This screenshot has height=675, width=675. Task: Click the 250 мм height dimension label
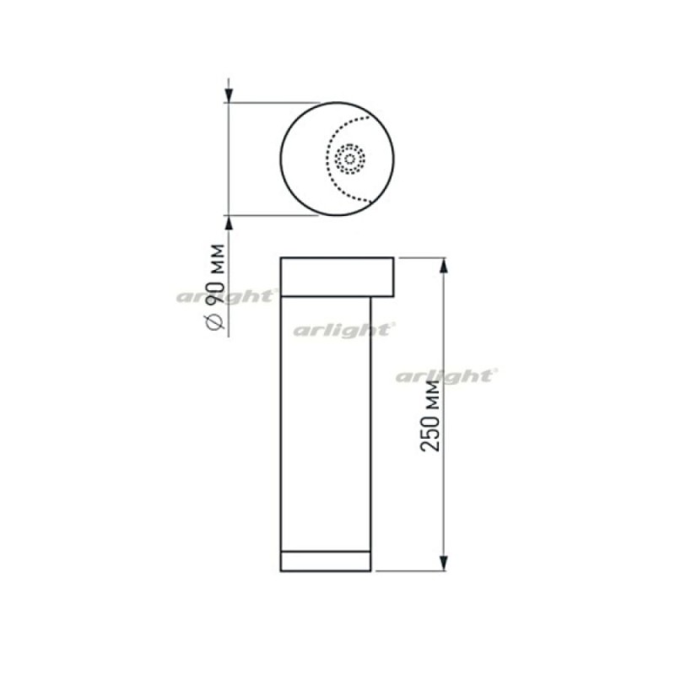[x=430, y=416]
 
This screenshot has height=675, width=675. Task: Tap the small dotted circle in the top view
[x=350, y=159]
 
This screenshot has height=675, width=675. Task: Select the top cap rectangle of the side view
[x=337, y=278]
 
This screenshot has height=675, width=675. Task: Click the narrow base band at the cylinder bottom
[x=326, y=561]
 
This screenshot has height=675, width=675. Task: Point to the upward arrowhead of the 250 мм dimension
[x=445, y=266]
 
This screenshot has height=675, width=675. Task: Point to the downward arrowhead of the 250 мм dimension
[x=445, y=563]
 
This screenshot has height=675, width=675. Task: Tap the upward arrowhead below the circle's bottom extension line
[x=229, y=223]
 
